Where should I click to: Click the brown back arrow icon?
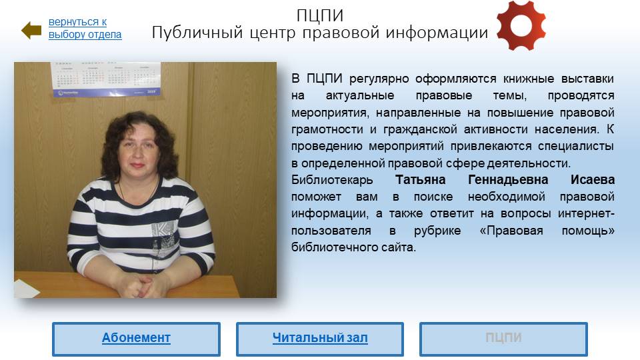[x=31, y=30]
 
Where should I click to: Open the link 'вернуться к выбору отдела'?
[x=85, y=28]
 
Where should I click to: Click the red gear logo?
[x=521, y=26]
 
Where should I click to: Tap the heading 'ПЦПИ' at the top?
[x=319, y=15]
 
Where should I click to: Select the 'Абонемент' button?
[x=136, y=339]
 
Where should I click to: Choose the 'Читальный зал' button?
[x=320, y=339]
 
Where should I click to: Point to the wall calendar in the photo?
[x=106, y=79]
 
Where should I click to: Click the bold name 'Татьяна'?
[x=421, y=180]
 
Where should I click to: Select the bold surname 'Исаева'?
[x=593, y=180]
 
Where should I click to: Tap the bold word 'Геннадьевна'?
[x=508, y=180]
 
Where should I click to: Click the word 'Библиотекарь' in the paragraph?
[x=332, y=180]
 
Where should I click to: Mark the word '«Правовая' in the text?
[x=511, y=231]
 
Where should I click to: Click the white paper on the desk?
[x=26, y=288]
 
